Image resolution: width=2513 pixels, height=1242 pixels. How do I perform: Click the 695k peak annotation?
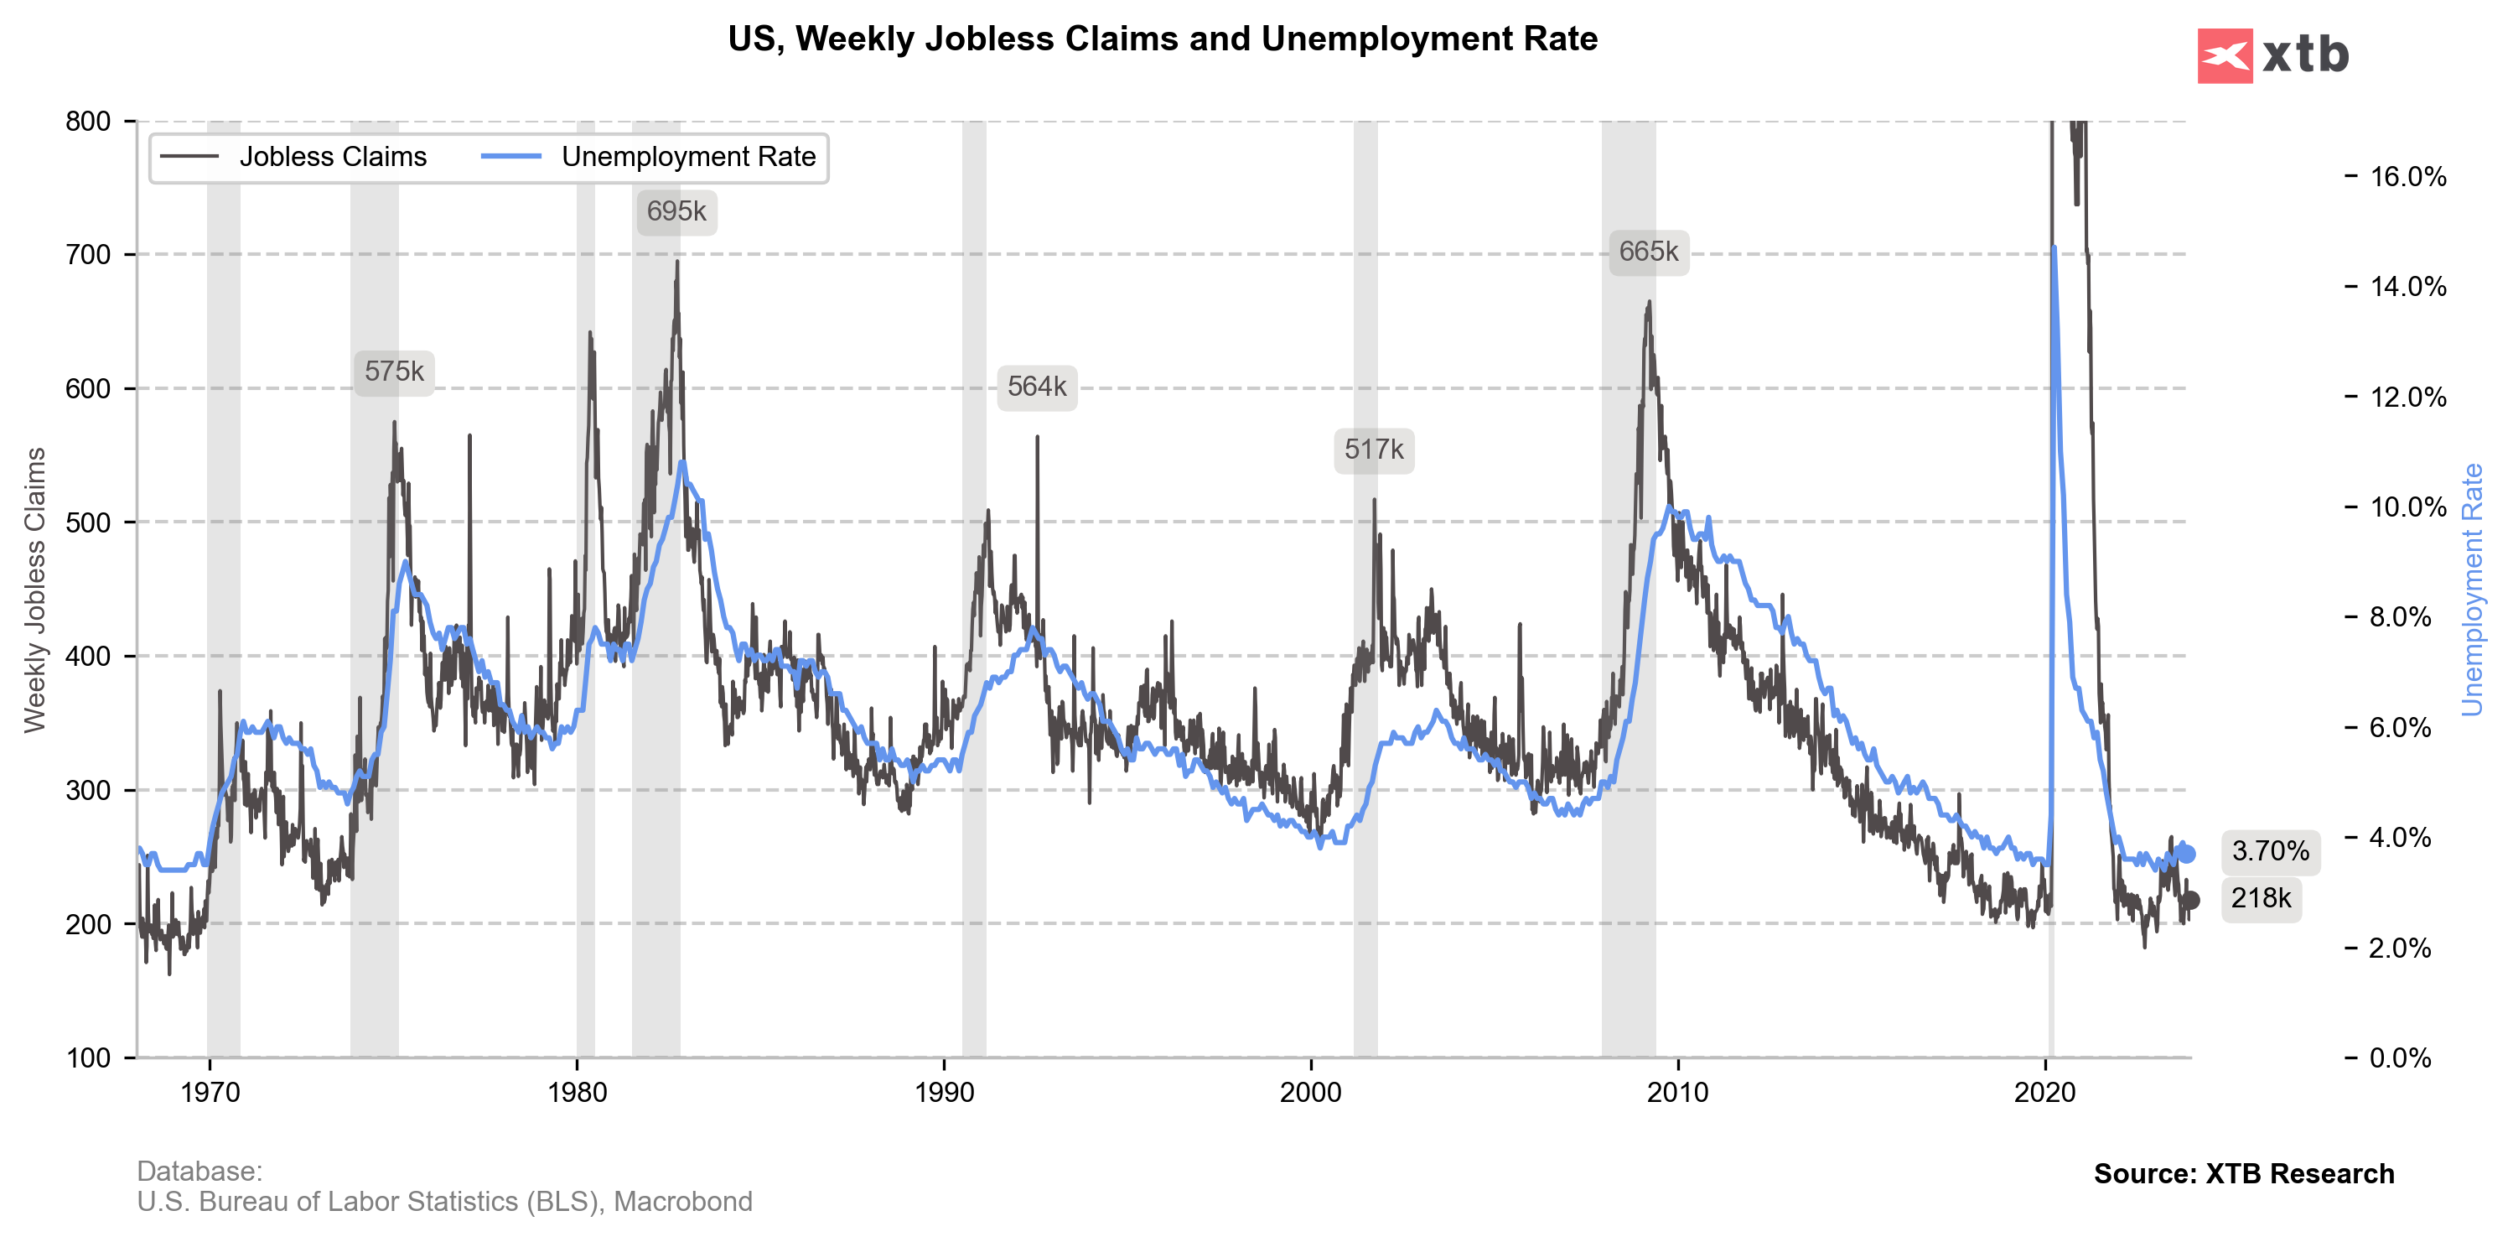tap(676, 211)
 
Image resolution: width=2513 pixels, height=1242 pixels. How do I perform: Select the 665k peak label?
tap(1648, 252)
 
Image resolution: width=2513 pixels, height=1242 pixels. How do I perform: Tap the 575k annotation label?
tap(394, 372)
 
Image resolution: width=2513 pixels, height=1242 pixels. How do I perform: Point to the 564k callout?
tap(1036, 387)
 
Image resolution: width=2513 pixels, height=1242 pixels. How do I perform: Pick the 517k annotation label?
tap(1374, 450)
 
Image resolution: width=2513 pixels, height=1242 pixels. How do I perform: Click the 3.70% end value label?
tap(2270, 852)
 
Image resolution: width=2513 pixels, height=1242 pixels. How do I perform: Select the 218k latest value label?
tap(2261, 898)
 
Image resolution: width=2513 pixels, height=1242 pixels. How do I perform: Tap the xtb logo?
tap(2273, 55)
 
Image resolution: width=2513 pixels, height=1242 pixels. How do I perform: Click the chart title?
tap(1162, 39)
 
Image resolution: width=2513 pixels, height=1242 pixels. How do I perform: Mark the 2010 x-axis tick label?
tap(1678, 1093)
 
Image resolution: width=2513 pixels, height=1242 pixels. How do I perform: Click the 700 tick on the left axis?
tap(88, 256)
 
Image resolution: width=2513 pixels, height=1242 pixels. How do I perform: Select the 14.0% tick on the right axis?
tap(2407, 287)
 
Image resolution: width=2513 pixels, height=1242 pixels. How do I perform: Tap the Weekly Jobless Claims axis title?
tap(35, 590)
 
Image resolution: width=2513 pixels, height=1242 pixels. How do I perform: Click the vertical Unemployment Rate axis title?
tap(2472, 590)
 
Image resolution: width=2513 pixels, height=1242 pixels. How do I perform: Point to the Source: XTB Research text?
tap(2243, 1174)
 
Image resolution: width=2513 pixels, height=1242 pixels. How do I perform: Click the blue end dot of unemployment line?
tap(2186, 854)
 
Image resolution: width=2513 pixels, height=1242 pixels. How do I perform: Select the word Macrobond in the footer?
tap(683, 1202)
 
